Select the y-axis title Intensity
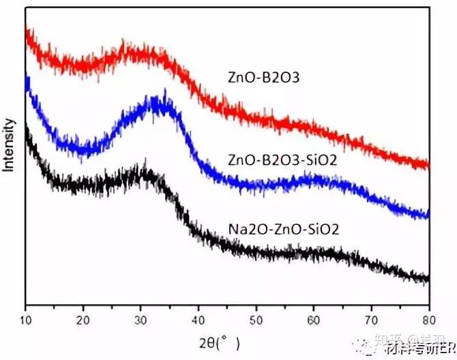9,144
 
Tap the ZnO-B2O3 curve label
264,78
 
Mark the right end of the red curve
428,164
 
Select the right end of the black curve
428,278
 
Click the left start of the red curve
27,31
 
